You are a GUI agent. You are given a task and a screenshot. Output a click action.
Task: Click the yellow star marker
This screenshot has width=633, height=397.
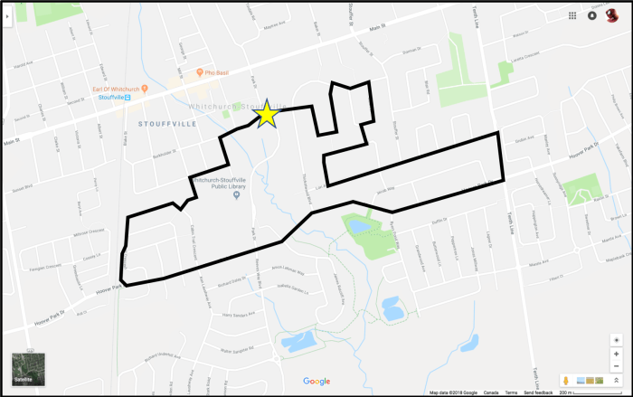pos(267,114)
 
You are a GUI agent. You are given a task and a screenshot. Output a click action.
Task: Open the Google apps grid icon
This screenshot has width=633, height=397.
pos(572,15)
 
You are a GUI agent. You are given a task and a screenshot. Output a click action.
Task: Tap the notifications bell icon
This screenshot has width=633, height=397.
pos(591,15)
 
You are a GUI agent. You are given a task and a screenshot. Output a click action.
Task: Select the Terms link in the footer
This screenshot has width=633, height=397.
pos(512,392)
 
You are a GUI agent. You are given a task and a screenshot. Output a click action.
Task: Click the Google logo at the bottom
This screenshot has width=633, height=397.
pos(316,381)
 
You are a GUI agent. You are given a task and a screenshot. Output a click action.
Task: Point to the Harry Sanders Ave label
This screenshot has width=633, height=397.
pos(241,316)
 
